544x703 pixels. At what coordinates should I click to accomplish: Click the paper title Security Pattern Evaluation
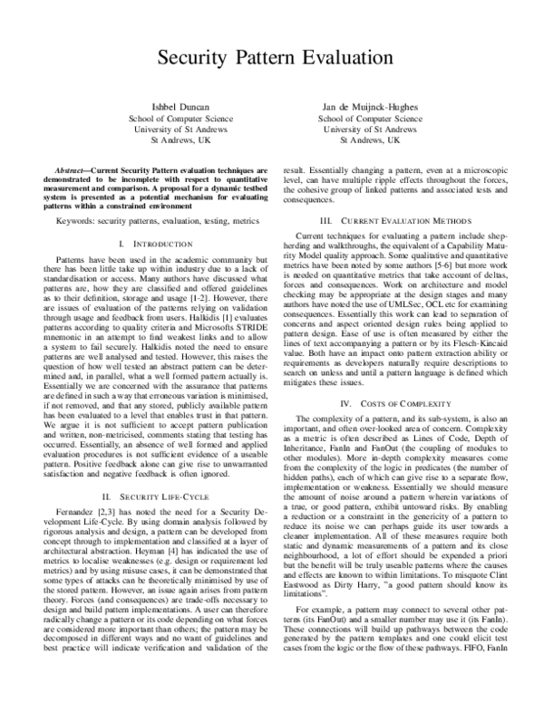(x=272, y=58)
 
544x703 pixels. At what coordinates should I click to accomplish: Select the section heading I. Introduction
(x=151, y=245)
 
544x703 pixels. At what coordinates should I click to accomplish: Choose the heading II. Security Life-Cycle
(x=151, y=496)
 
